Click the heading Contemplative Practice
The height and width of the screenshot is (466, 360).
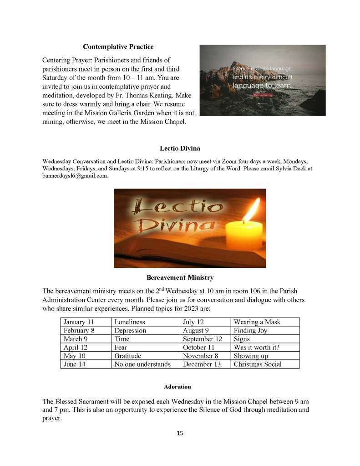click(118, 46)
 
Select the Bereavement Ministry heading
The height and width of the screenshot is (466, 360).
click(180, 277)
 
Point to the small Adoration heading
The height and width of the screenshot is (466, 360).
click(177, 387)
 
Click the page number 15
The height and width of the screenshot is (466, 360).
click(180, 433)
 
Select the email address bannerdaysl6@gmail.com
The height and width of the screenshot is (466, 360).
click(75, 176)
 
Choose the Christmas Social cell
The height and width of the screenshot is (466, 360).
click(258, 364)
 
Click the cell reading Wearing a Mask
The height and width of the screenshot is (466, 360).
click(257, 322)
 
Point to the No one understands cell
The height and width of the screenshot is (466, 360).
click(142, 364)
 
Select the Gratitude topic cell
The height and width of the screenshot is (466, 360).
click(128, 356)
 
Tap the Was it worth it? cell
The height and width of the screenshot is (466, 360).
click(256, 347)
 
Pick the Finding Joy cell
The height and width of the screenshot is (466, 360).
click(251, 331)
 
